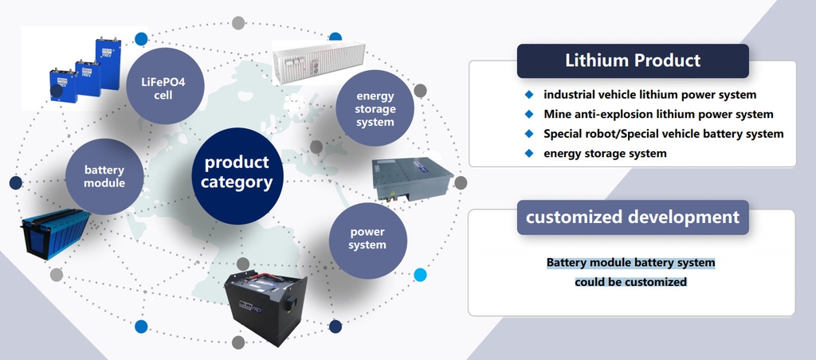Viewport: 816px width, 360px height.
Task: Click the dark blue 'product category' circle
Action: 237,176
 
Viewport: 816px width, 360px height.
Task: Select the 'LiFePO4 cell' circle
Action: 165,86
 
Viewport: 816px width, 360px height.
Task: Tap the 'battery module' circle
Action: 104,176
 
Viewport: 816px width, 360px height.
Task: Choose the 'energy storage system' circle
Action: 375,108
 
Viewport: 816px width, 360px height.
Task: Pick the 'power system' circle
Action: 367,240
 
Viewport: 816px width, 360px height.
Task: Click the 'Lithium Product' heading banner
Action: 633,61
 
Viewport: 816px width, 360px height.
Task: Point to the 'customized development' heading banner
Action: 633,217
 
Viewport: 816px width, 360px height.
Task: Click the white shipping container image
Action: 319,62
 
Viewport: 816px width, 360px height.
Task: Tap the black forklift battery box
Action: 266,307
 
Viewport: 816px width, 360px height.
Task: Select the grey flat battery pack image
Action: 413,178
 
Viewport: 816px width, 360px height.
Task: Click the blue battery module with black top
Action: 55,233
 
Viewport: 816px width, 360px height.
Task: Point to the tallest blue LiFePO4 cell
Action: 108,64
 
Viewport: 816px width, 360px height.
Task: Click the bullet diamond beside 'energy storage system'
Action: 529,153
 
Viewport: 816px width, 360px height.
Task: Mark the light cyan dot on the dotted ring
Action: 420,275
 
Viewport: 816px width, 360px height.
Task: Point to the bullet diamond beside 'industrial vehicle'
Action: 529,94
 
